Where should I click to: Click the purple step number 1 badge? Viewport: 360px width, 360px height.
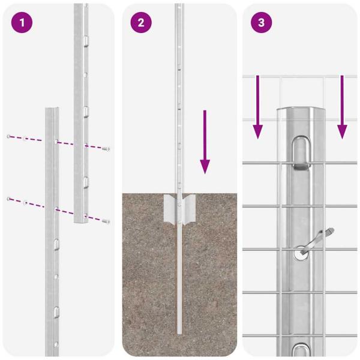[x=22, y=23]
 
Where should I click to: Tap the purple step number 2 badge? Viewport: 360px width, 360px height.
[x=141, y=23]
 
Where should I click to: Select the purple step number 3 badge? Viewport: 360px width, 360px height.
[x=261, y=23]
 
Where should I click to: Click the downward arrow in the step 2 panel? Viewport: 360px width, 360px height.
[x=205, y=142]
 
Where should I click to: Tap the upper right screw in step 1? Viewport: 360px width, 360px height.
[x=106, y=148]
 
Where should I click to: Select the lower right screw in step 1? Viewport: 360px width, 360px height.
[x=106, y=222]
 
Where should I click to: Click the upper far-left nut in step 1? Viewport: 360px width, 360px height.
[x=9, y=137]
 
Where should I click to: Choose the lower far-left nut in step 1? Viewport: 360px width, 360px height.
[x=9, y=198]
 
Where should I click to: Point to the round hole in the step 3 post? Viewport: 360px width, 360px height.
[x=300, y=255]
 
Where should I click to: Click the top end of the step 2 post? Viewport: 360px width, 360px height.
[x=179, y=6]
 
